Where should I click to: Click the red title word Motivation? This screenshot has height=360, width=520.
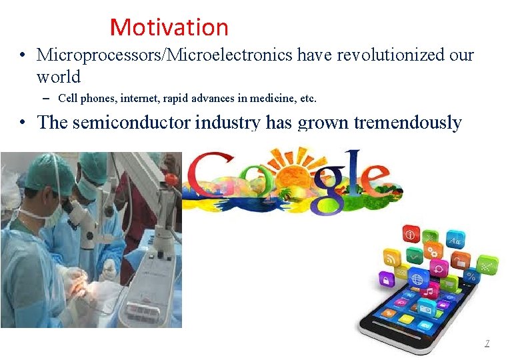pyautogui.click(x=169, y=27)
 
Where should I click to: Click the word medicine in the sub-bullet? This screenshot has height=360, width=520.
pyautogui.click(x=262, y=99)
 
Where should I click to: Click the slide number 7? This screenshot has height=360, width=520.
pyautogui.click(x=487, y=343)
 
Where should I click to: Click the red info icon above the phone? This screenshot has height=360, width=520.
pyautogui.click(x=409, y=233)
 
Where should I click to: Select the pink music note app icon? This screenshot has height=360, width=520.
pyautogui.click(x=428, y=292)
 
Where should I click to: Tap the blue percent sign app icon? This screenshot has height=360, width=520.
pyautogui.click(x=472, y=275)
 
